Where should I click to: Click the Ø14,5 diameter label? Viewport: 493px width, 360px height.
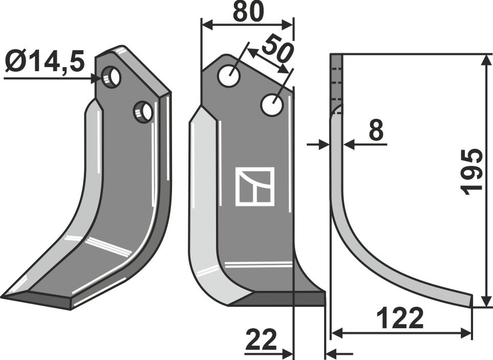(45, 64)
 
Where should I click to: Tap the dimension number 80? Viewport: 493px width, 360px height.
(248, 12)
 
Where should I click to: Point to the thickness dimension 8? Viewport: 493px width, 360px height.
(376, 132)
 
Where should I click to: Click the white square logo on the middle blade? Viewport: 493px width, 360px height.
(254, 186)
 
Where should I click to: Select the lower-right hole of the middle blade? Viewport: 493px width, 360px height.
(272, 105)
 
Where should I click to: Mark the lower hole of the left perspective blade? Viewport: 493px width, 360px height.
(143, 112)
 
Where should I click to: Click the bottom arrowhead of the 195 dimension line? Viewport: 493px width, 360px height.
(484, 302)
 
